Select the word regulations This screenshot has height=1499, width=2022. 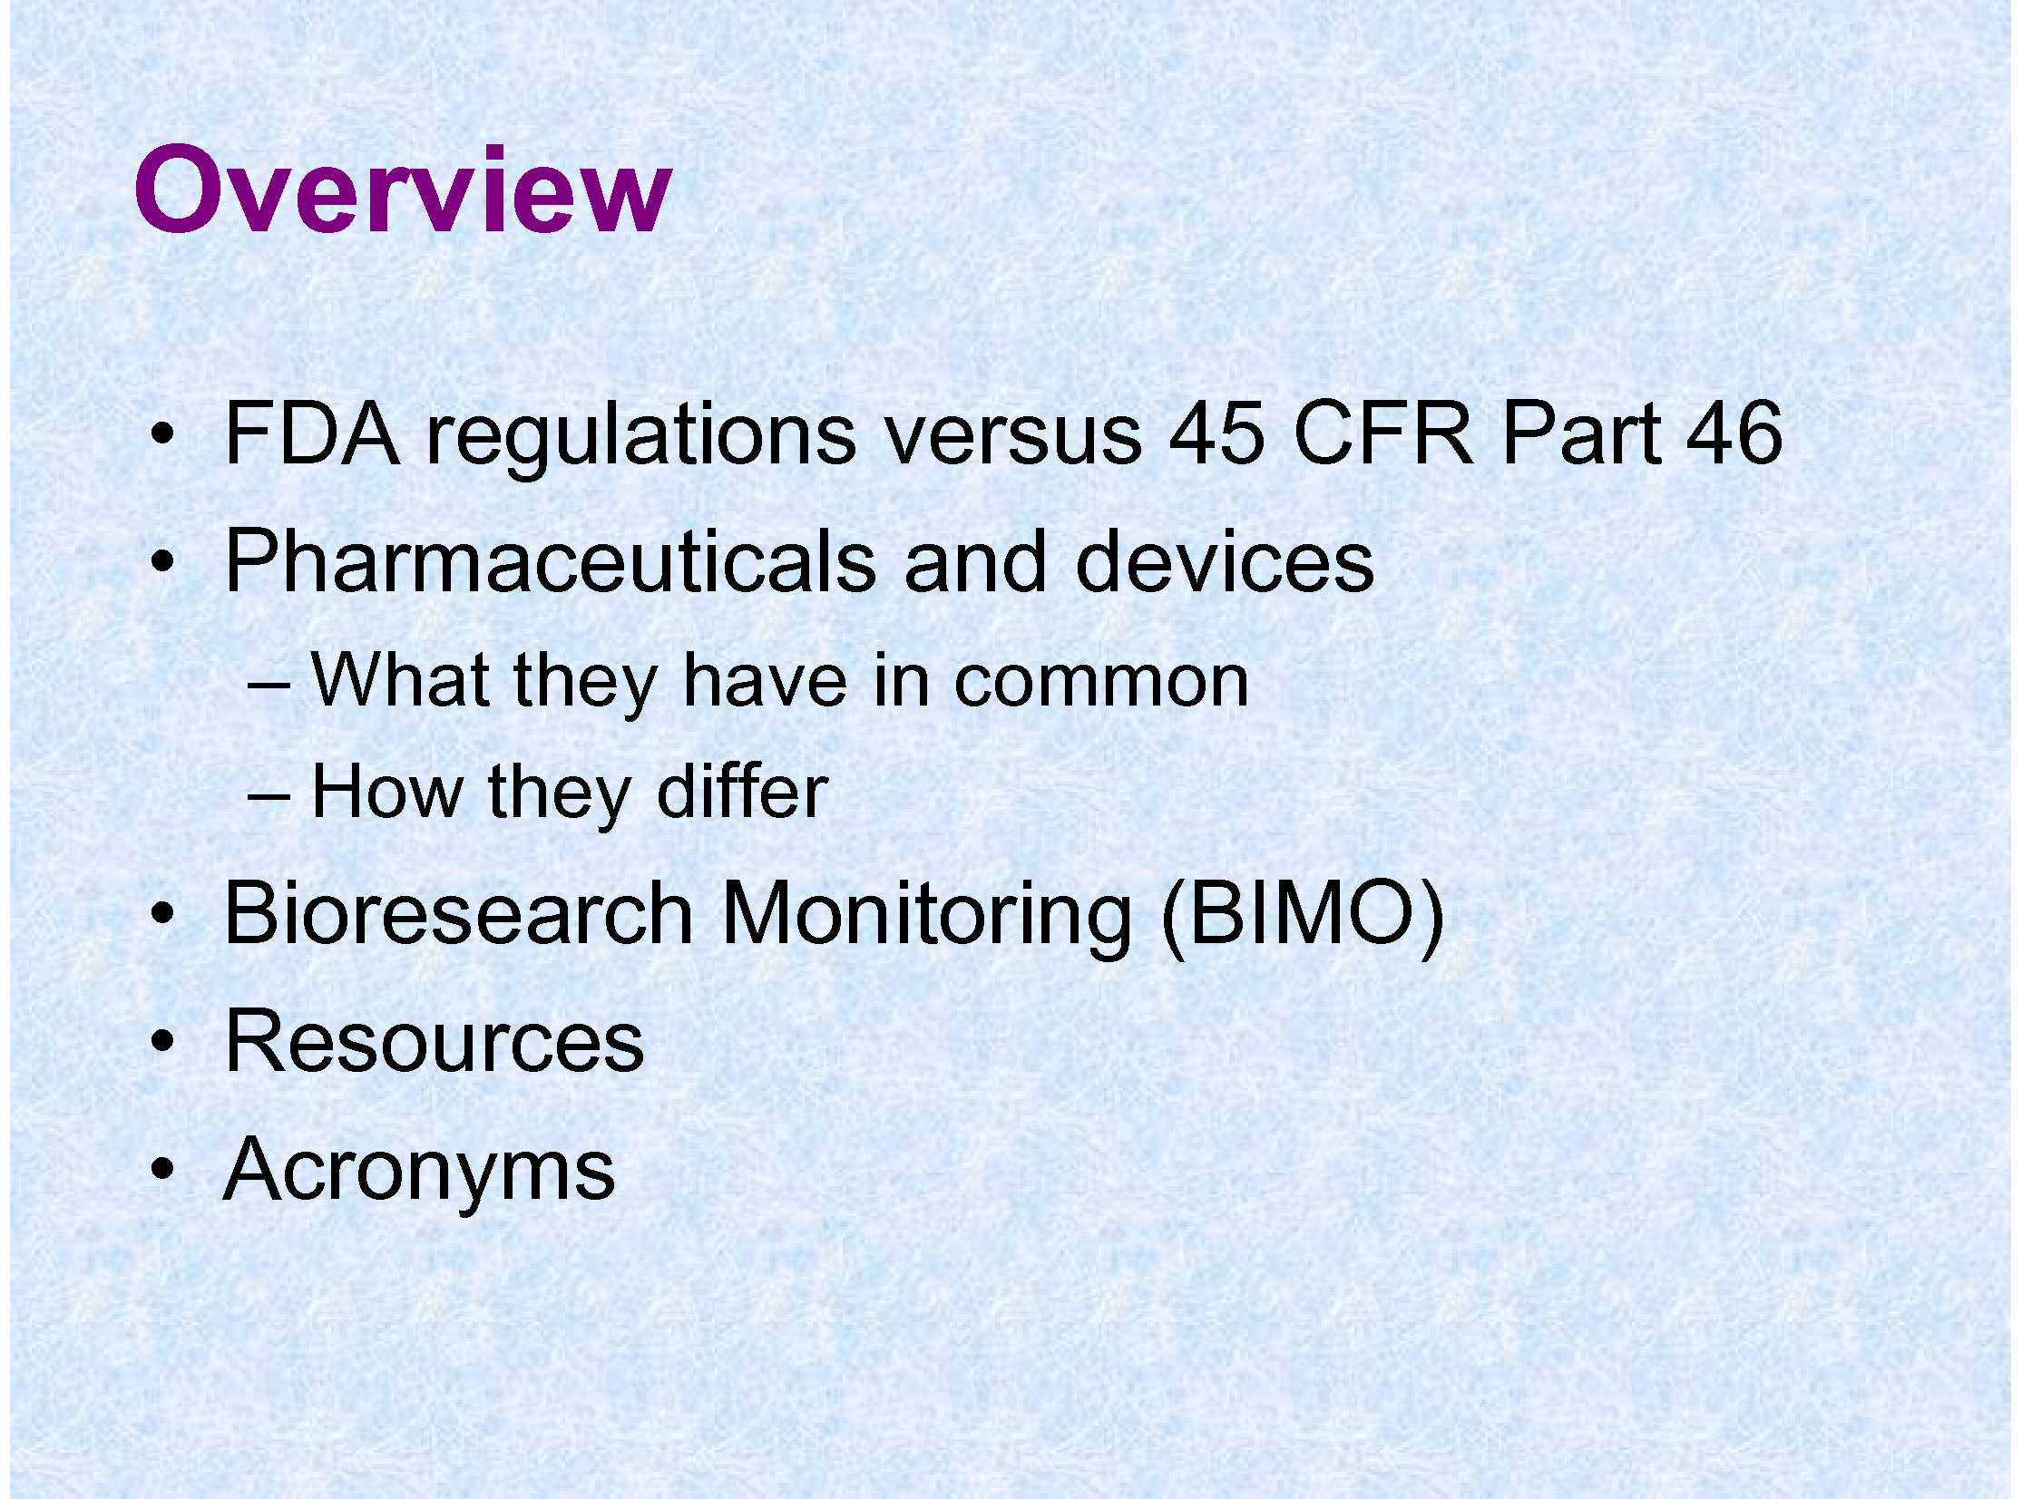tap(640, 438)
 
